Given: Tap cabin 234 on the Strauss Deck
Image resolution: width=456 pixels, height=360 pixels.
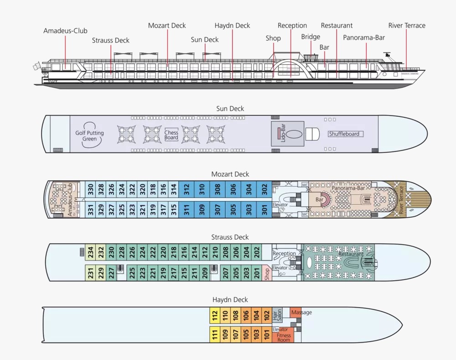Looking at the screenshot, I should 91,252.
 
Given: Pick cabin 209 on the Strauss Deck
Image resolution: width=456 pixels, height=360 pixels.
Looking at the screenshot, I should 205,273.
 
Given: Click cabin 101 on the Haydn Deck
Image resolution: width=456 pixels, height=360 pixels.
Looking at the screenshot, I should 267,335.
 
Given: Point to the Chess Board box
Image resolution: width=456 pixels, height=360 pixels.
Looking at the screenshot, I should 171,135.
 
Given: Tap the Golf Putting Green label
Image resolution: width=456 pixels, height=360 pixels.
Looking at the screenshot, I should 89,136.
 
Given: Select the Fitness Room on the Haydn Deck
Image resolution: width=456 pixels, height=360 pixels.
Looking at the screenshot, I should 284,338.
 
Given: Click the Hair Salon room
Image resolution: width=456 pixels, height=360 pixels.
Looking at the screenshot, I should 277,314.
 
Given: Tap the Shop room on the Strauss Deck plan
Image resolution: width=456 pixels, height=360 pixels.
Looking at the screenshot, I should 267,274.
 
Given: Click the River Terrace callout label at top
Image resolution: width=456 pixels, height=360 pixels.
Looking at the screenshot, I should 407,26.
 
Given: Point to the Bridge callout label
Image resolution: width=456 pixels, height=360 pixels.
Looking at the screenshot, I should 311,37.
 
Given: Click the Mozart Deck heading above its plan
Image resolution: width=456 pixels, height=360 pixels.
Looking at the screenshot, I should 230,174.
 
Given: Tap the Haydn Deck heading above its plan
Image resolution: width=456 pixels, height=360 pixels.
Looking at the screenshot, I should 230,300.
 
